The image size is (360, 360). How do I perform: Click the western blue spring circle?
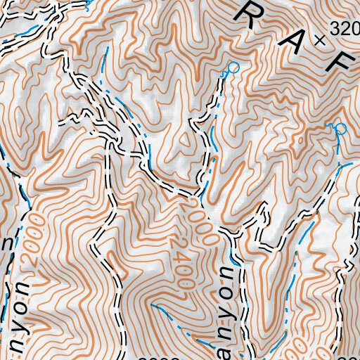pyautogui.click(x=234, y=67)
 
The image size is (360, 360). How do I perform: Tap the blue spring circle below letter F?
pyautogui.click(x=340, y=128)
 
